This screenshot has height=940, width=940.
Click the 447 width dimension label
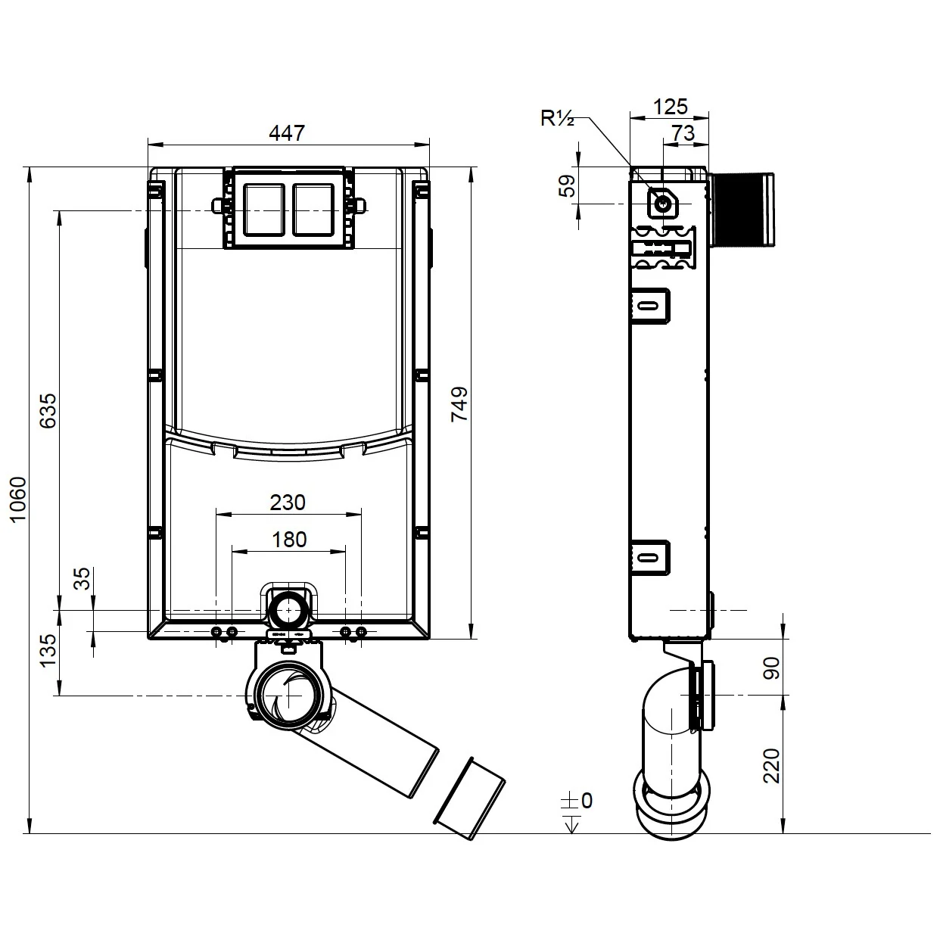[x=288, y=132]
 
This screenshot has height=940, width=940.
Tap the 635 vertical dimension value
[x=47, y=409]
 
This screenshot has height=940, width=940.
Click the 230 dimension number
[x=288, y=502]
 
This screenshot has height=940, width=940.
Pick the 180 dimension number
[x=289, y=539]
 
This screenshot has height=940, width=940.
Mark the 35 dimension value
[x=82, y=578]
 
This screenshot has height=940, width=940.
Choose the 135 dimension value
[x=47, y=650]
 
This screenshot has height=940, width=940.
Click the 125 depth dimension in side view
[x=670, y=106]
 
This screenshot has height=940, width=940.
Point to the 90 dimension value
[x=770, y=668]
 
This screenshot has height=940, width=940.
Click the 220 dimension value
[x=770, y=766]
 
